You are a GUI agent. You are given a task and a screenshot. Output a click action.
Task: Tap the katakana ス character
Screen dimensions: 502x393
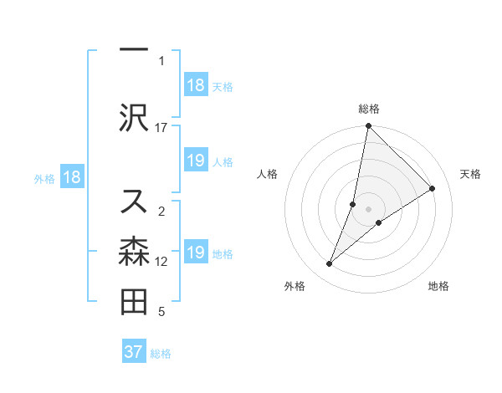point(134,201)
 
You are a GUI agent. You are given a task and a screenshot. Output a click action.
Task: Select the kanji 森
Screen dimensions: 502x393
point(134,252)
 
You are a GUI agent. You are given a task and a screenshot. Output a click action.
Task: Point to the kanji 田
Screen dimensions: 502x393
point(134,302)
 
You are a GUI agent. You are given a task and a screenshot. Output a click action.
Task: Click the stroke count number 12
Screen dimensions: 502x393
point(161,261)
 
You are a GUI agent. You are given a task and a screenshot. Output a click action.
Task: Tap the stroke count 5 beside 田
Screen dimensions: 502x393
point(161,313)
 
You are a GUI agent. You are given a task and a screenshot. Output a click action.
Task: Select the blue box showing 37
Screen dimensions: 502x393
point(133,352)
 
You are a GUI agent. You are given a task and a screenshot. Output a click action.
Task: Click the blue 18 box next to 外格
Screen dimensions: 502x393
point(71,177)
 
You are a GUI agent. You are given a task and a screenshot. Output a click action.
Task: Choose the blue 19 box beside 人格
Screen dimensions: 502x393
point(195,161)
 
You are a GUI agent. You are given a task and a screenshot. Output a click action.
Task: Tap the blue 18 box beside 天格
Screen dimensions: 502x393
point(195,85)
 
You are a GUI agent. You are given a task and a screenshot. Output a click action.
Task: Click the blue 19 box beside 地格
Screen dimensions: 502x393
point(195,253)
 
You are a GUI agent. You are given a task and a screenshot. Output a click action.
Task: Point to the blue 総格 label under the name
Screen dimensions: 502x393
point(161,354)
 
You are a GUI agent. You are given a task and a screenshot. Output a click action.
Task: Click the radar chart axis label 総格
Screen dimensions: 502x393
point(369,109)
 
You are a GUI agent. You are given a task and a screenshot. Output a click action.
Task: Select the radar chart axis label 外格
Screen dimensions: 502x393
point(295,286)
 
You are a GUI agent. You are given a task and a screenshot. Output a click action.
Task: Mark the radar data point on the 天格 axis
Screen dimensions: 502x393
point(433,189)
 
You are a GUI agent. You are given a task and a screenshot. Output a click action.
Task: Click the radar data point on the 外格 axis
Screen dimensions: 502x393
point(330,264)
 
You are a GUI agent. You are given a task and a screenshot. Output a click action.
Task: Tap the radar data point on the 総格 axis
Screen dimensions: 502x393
point(369,127)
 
